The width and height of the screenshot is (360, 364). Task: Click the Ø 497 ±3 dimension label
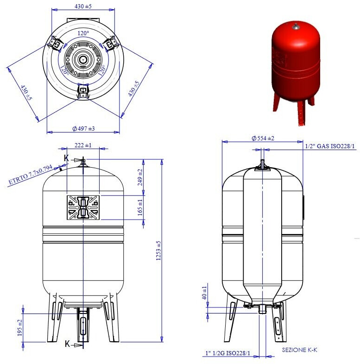(x=83, y=128)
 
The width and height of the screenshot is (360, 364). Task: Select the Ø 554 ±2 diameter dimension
(x=263, y=138)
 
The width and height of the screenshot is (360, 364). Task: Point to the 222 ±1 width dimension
(x=83, y=145)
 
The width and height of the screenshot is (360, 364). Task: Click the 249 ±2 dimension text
(x=140, y=177)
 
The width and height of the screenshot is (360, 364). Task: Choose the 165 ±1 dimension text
(x=140, y=207)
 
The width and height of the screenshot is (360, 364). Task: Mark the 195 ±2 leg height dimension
(x=19, y=328)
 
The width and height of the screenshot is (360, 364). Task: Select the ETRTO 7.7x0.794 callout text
(x=30, y=175)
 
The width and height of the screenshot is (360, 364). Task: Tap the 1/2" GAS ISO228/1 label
(x=330, y=147)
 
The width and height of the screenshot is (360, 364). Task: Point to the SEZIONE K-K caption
(x=300, y=350)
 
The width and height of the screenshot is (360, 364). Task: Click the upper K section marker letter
(x=66, y=158)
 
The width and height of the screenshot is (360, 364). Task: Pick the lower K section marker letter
(x=67, y=344)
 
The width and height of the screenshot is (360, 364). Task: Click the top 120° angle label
(x=83, y=33)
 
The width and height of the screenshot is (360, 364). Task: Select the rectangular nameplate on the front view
(x=83, y=207)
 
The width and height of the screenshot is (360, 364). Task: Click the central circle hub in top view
(x=83, y=60)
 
